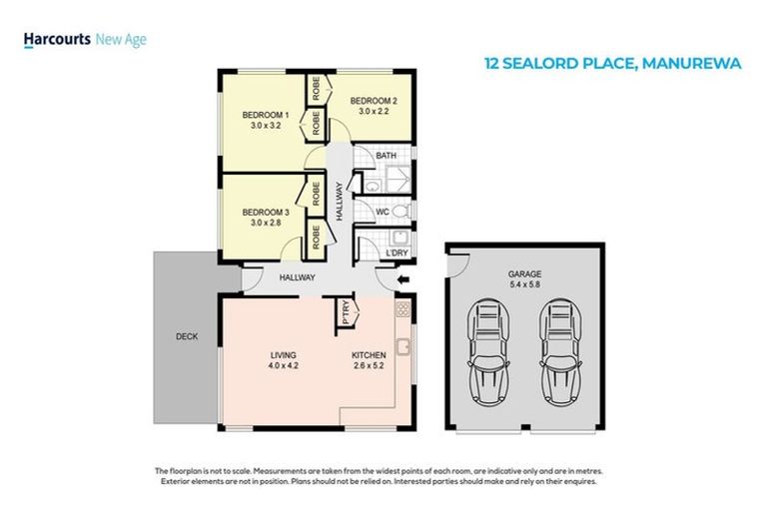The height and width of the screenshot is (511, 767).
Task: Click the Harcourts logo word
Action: tap(56, 40)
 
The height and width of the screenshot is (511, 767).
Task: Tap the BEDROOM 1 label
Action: tap(263, 116)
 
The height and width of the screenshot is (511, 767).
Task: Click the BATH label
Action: tap(386, 156)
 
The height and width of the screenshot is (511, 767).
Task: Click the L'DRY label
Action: tap(396, 254)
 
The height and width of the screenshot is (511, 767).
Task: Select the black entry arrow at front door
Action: tap(402, 281)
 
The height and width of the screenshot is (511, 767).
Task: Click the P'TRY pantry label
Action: tap(346, 313)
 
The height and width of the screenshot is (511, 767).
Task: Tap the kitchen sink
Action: tap(404, 347)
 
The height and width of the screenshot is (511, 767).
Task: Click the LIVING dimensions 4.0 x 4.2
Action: tap(284, 366)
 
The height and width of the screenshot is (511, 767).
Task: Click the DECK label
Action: tap(186, 336)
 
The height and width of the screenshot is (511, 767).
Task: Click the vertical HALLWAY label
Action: tap(341, 201)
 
